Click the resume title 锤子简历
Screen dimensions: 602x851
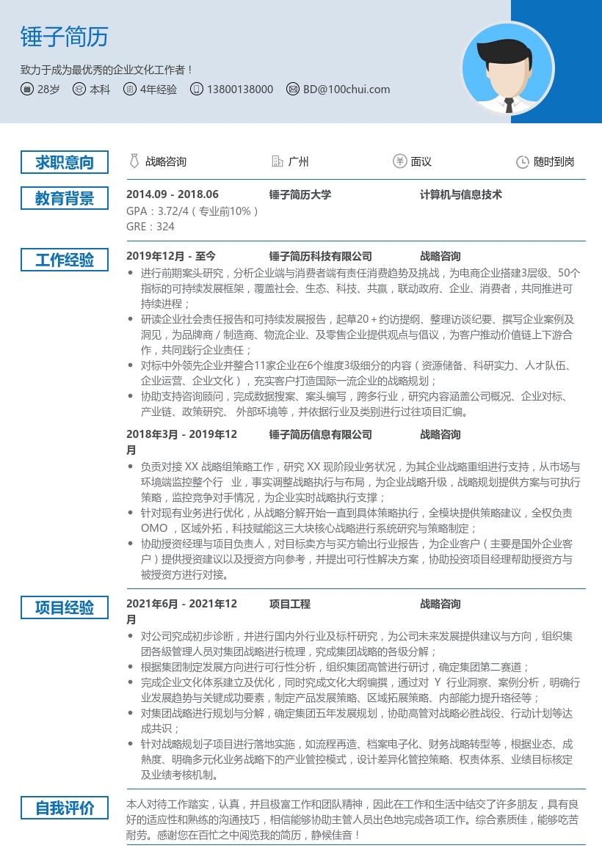(65, 37)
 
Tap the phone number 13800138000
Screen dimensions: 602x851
(240, 90)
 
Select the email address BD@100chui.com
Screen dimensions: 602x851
(347, 90)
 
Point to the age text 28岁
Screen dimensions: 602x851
(48, 90)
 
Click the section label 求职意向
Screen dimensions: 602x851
(65, 162)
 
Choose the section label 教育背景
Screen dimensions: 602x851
(65, 198)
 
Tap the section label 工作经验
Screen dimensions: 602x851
(65, 260)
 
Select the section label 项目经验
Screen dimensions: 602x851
(65, 607)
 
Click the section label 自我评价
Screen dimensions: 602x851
(65, 808)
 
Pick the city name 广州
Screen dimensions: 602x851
(299, 162)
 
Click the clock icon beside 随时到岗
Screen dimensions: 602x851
(522, 162)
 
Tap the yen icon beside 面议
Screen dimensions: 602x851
(400, 162)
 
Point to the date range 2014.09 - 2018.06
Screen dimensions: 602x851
(173, 194)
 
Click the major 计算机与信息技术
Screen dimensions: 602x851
(461, 194)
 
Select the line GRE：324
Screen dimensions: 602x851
(150, 227)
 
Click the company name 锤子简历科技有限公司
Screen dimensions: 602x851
(321, 256)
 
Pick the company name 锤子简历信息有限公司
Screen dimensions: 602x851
(321, 434)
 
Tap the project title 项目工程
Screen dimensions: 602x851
(290, 604)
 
